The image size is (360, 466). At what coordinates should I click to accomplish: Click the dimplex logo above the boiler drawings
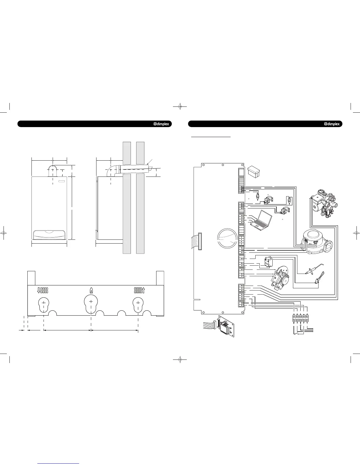pos(161,124)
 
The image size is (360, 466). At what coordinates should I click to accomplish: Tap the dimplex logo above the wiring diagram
pos(332,124)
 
